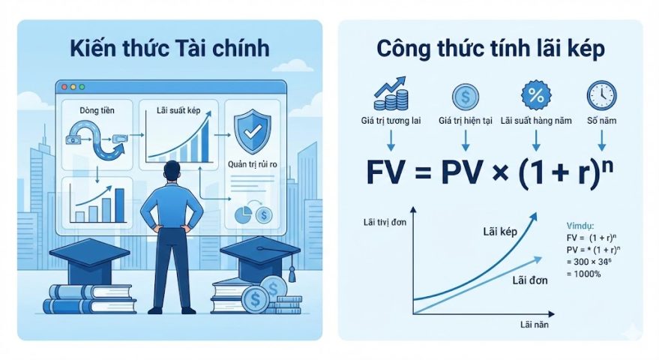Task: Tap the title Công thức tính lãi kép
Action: (491, 49)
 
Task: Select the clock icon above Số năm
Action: (601, 96)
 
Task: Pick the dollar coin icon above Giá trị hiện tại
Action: (465, 97)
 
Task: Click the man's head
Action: (172, 172)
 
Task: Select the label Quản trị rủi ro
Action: (253, 164)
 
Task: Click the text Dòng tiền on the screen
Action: (95, 110)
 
